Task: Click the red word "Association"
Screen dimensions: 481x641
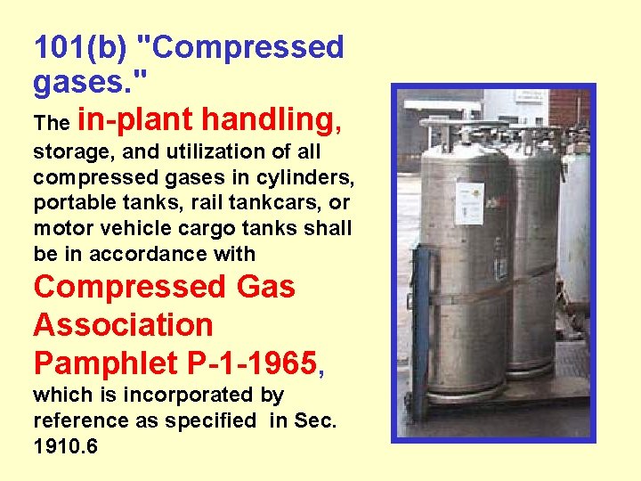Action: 123,325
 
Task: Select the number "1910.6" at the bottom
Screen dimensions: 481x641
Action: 66,444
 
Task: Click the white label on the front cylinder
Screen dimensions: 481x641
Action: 469,204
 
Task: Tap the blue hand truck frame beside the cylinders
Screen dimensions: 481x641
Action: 420,330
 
